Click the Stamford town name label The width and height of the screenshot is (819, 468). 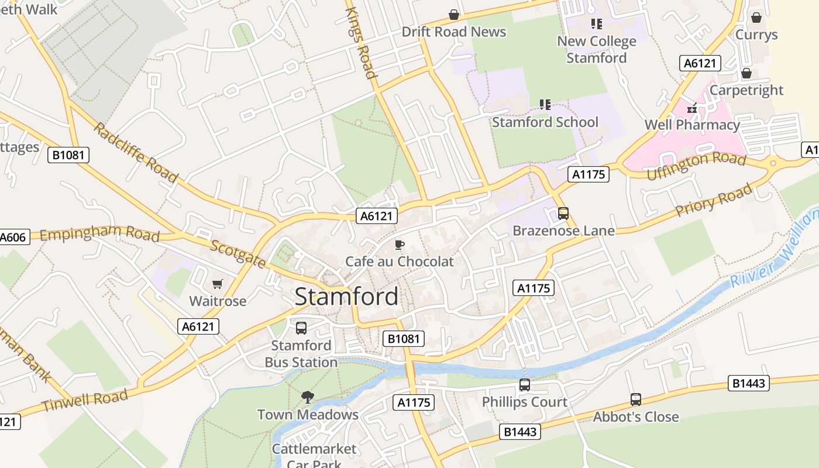[x=346, y=297]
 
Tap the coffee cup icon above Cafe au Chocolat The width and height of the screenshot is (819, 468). [x=400, y=245]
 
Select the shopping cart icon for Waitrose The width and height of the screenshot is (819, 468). [x=218, y=284]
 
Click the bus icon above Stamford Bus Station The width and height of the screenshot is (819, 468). [x=301, y=328]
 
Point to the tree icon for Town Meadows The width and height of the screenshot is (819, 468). [x=307, y=397]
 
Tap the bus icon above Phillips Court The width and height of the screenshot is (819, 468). [x=525, y=385]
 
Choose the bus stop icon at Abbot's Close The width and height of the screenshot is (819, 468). [x=636, y=400]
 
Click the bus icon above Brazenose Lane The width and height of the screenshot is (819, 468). [x=563, y=214]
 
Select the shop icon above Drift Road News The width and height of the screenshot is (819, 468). [x=453, y=15]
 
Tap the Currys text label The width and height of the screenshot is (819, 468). [x=756, y=35]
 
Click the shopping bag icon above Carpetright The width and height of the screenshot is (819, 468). [x=746, y=73]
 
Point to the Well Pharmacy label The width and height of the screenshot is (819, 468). [x=692, y=125]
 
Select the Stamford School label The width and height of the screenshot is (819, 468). [x=545, y=122]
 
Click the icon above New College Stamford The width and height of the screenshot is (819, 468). [x=596, y=24]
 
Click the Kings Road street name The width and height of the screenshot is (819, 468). [x=360, y=43]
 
